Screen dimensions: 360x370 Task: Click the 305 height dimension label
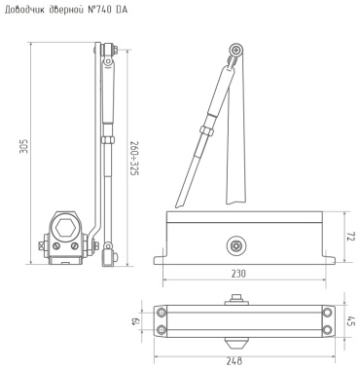[x=25, y=146]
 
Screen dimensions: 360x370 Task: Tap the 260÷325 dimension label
[x=134, y=159]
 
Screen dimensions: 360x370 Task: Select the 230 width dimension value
[x=238, y=274]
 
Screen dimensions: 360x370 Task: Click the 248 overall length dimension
[x=234, y=361]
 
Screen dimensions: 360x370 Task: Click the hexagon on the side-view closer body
[x=65, y=229]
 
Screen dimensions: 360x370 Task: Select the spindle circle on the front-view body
[x=235, y=246]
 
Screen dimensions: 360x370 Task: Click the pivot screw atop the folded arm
[x=236, y=51]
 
